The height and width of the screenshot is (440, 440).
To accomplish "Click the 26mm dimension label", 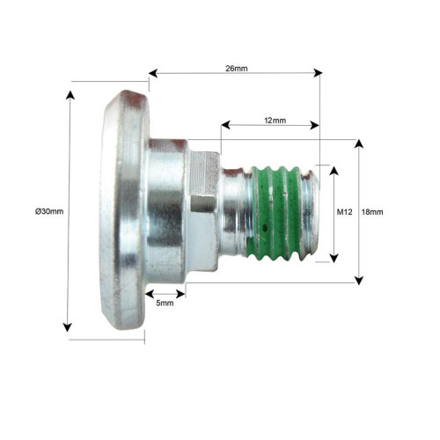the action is point(237,69).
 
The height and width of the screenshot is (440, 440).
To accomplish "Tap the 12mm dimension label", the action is point(275,121).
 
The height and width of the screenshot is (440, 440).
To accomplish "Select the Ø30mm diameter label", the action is point(49,211).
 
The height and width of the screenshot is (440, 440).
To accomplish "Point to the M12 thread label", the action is point(344,212).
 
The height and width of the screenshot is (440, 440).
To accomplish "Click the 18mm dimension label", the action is point(372,212).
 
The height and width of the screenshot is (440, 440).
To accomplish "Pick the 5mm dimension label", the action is point(165,303).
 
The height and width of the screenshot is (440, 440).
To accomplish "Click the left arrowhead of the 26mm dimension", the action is point(153,73).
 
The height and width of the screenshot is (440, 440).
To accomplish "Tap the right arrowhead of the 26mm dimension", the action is point(318,73).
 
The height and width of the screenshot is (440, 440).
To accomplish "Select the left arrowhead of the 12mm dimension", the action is point(225,125).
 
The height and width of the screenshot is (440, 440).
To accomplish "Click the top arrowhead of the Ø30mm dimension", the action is point(70,95).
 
